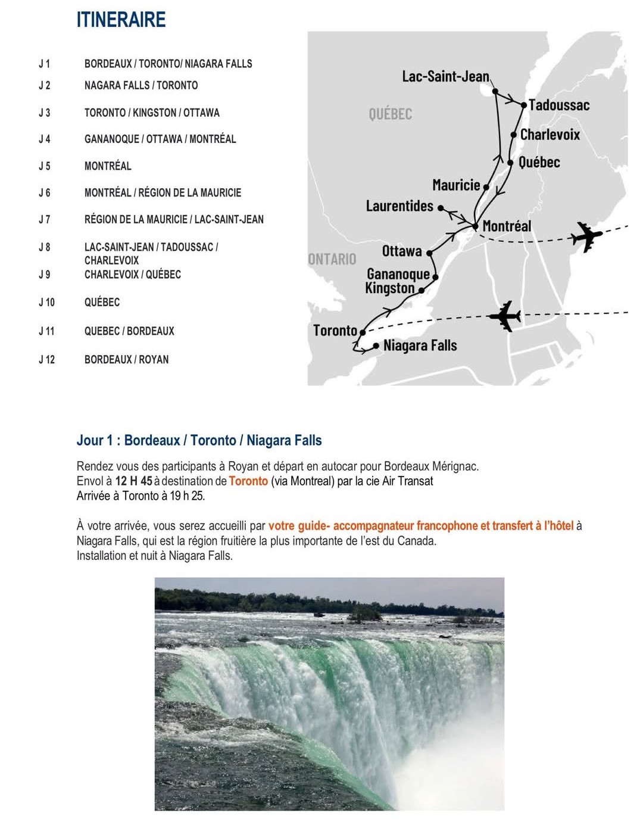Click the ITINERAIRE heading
pos(121,20)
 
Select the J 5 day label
pos(45,166)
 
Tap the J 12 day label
pos(46,360)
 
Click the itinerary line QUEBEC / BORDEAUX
pos(129,331)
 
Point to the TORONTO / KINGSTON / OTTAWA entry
pos(152,113)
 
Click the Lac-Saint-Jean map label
pos(445,76)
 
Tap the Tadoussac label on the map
pos(559,105)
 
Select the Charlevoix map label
pos(549,135)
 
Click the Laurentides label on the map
pos(399,206)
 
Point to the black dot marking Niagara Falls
pos(376,346)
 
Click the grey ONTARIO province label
pos(332,259)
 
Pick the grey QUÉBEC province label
pos(390,114)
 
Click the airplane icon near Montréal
pos(586,236)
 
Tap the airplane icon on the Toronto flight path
pos(505,316)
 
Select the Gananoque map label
pos(398,274)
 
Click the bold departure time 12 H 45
pos(133,481)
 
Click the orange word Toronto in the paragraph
pos(248,481)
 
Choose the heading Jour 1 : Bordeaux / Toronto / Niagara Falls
pos(199,441)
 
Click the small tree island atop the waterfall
pos(364,614)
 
